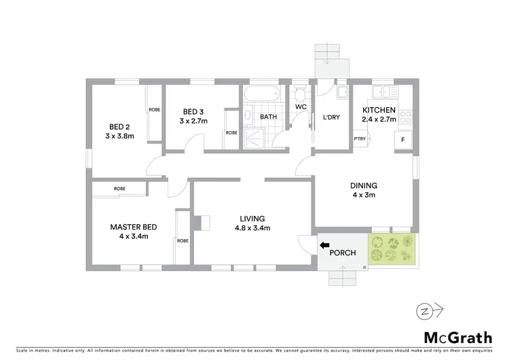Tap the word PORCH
tap(343, 253)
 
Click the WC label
tap(301, 107)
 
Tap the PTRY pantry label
tap(360, 139)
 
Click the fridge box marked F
tap(404, 139)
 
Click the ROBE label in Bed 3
tap(231, 132)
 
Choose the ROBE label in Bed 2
tap(154, 109)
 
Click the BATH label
tap(269, 117)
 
